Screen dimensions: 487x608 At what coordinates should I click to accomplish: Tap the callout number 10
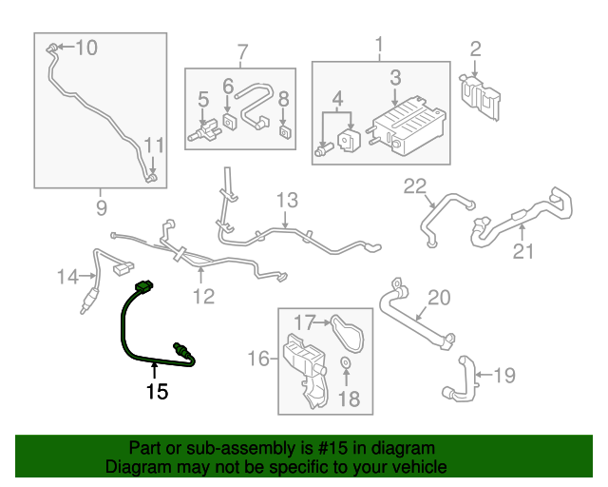pyautogui.click(x=86, y=47)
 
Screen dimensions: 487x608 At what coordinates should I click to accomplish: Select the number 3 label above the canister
pyautogui.click(x=395, y=77)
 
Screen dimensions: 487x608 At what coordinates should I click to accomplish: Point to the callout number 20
pyautogui.click(x=437, y=298)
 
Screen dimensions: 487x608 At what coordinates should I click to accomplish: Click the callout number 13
pyautogui.click(x=287, y=201)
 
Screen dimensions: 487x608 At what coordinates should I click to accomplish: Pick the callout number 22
pyautogui.click(x=415, y=186)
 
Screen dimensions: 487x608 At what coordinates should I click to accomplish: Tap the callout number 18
pyautogui.click(x=350, y=399)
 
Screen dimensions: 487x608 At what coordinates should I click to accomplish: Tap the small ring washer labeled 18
pyautogui.click(x=344, y=364)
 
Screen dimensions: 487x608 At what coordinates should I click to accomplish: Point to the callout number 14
pyautogui.click(x=66, y=277)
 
